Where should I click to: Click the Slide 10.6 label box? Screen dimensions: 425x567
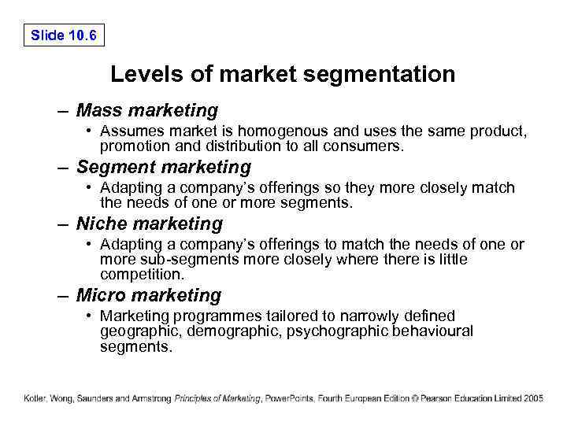pyautogui.click(x=64, y=35)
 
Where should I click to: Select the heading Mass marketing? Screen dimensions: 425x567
pyautogui.click(x=147, y=111)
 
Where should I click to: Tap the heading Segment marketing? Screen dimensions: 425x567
pyautogui.click(x=164, y=168)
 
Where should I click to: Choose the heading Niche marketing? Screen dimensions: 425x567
pyautogui.click(x=150, y=224)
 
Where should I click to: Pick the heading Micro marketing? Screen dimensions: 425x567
pyautogui.click(x=149, y=296)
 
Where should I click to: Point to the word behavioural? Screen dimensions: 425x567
pyautogui.click(x=432, y=331)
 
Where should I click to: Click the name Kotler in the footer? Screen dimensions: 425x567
pyautogui.click(x=35, y=399)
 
